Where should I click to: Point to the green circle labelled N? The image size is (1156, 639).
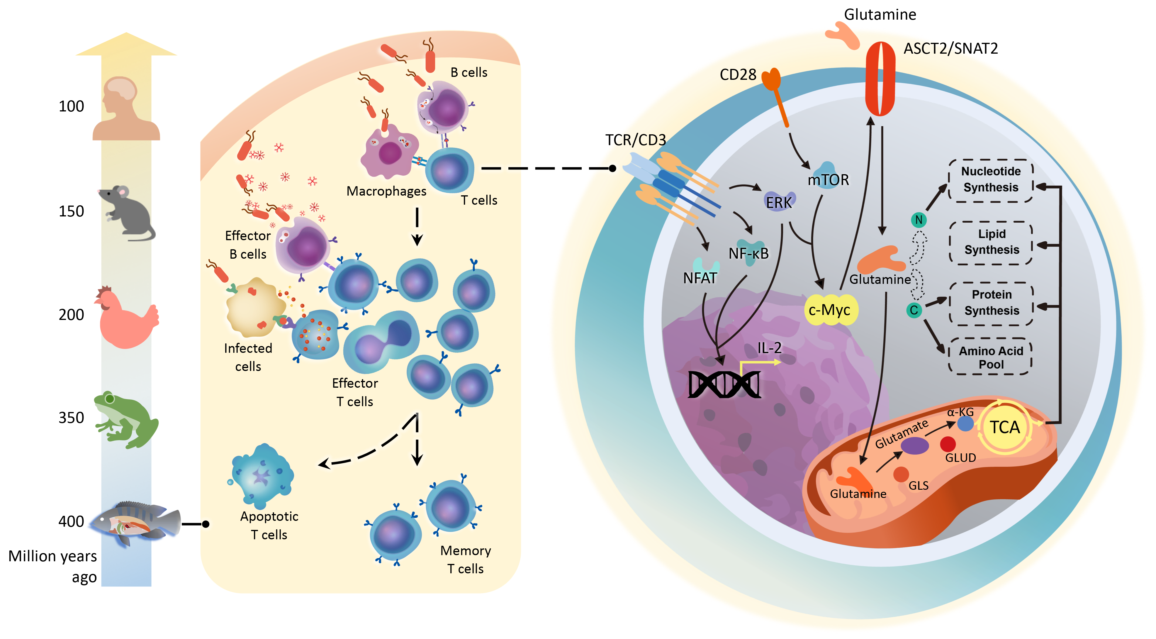pos(919,220)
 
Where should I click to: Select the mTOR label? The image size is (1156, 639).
pos(829,180)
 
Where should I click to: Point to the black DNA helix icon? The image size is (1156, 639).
pos(724,384)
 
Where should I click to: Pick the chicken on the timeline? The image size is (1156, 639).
pos(127,318)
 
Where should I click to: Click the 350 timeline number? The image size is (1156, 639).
pos(71,418)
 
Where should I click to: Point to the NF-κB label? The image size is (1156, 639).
pos(748,254)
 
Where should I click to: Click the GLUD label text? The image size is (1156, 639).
pos(960,458)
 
